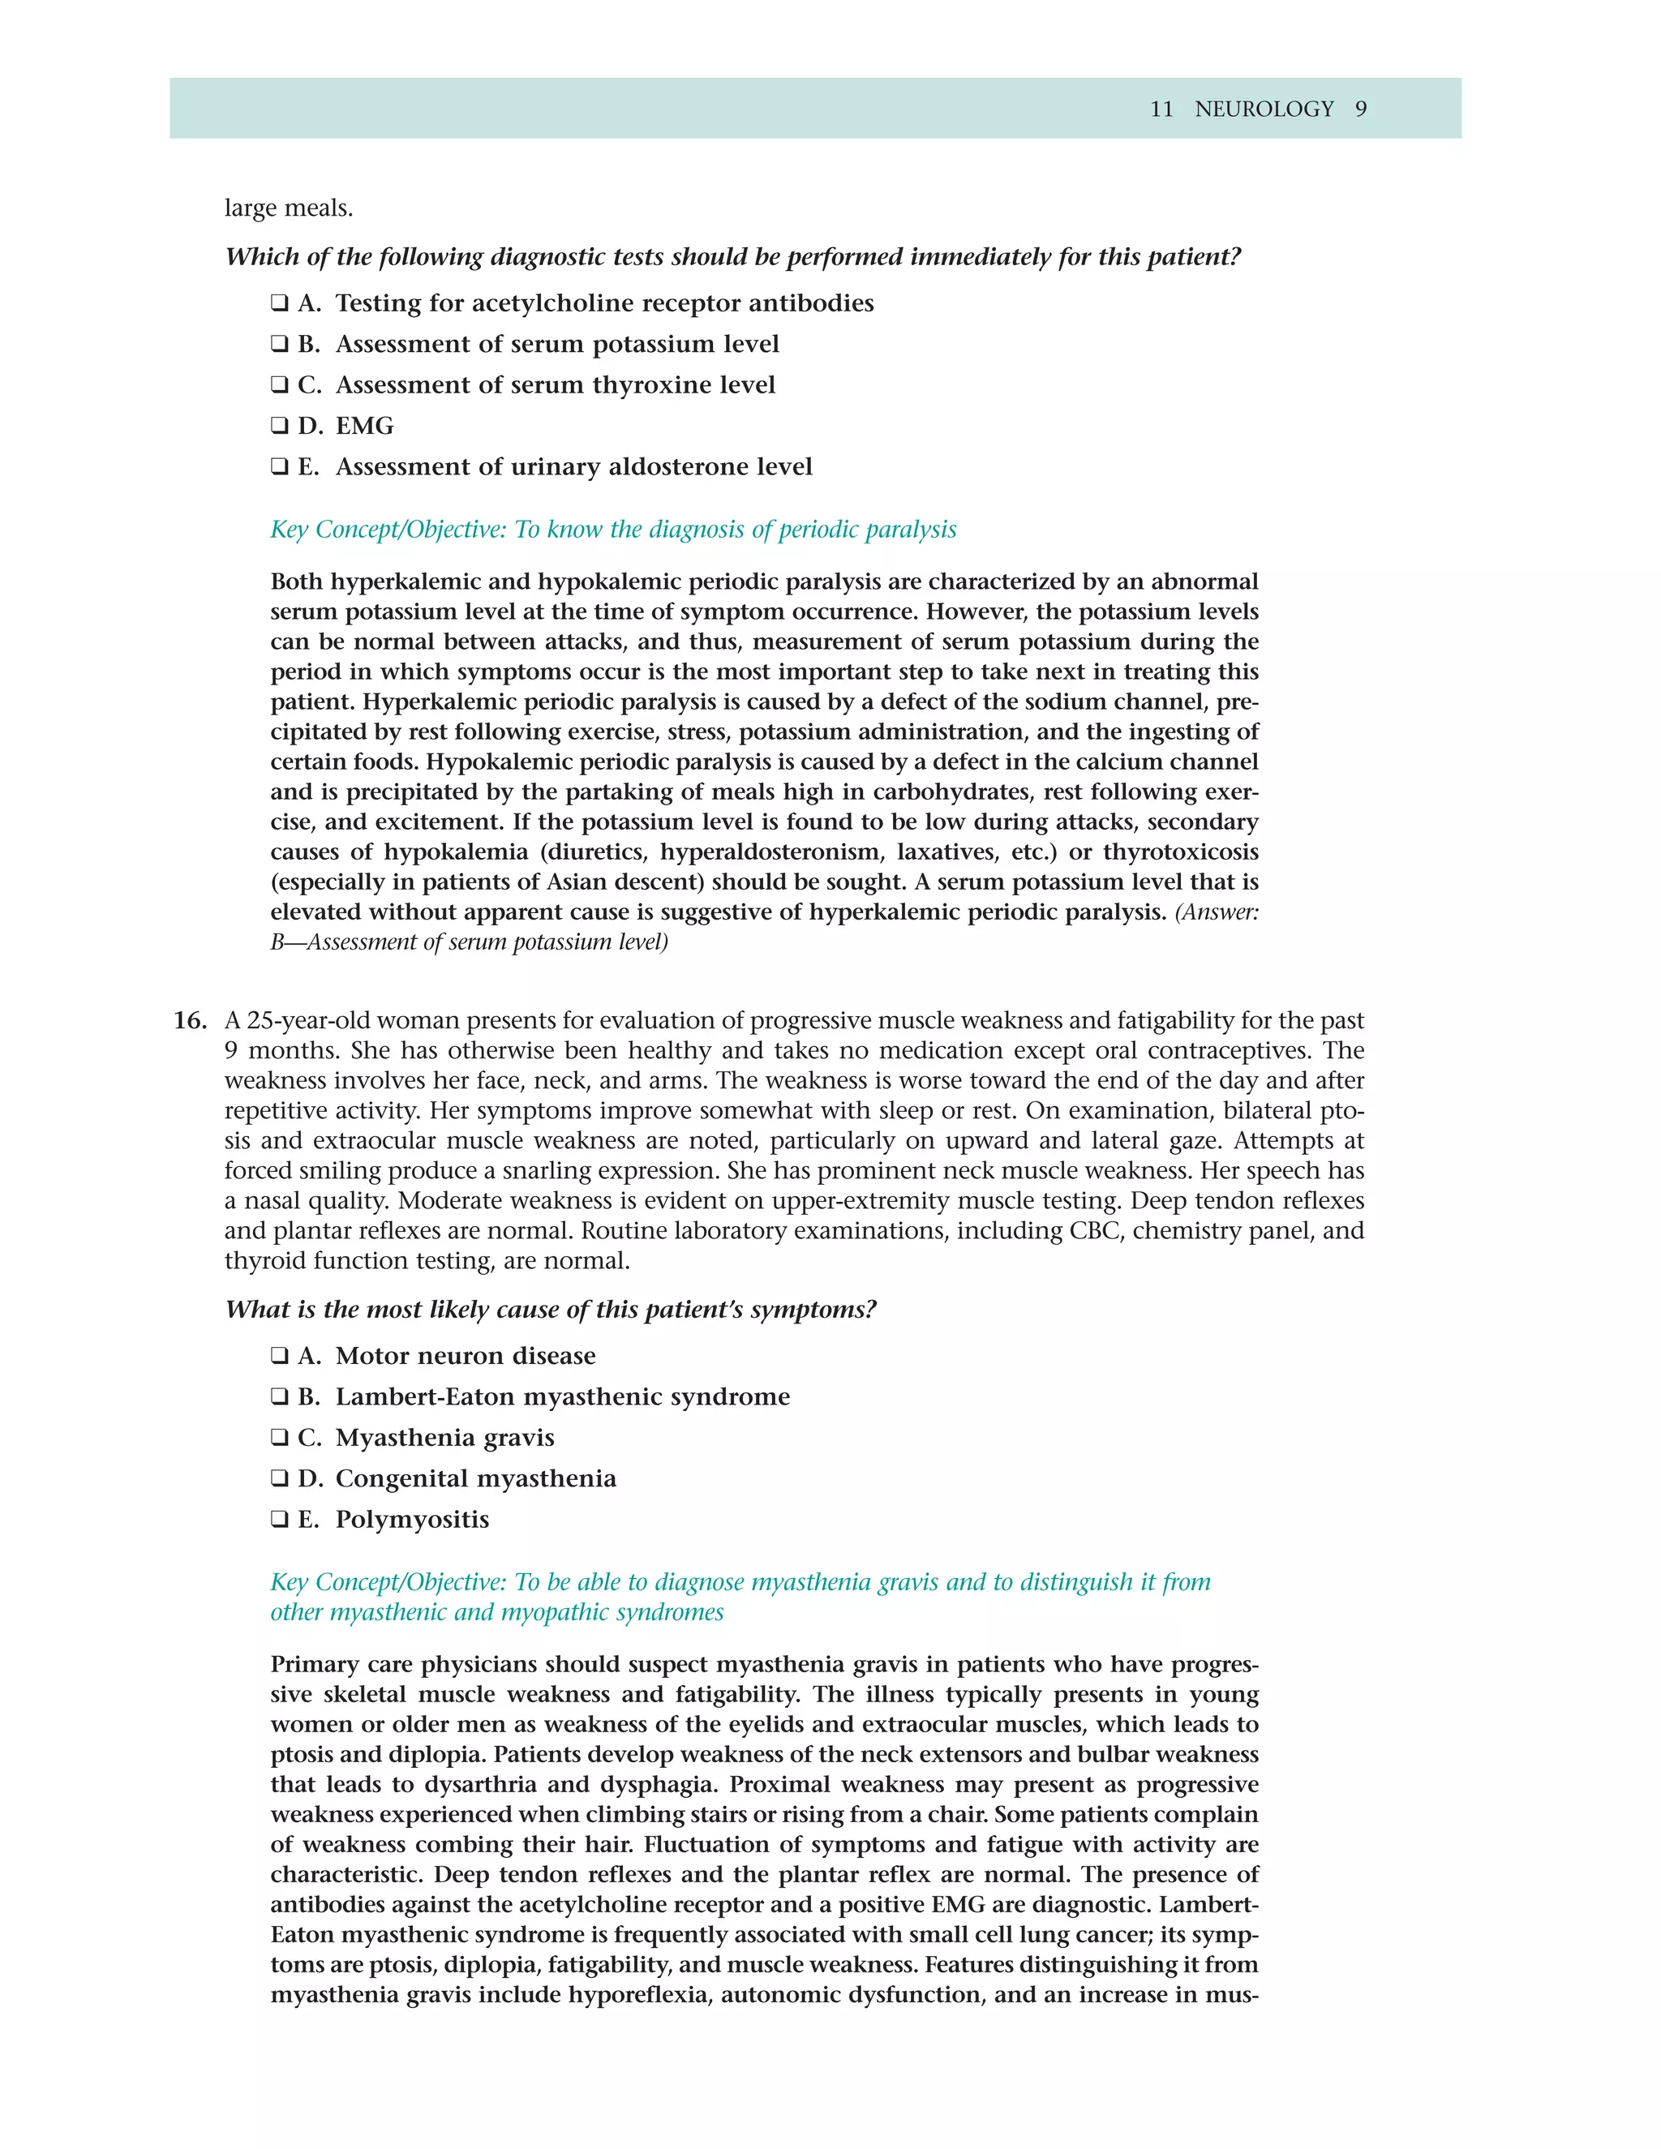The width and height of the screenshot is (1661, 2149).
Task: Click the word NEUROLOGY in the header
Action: (1264, 109)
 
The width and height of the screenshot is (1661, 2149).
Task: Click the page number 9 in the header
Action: (1361, 109)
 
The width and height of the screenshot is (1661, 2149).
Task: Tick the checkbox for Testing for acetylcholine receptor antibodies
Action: (280, 303)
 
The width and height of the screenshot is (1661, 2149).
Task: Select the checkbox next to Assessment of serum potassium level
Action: (280, 345)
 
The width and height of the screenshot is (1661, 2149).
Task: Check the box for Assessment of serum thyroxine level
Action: (280, 386)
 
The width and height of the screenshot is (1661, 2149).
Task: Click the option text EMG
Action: (364, 426)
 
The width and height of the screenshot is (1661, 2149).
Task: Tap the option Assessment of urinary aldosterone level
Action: (573, 467)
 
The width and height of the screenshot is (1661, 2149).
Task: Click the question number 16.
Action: (190, 1020)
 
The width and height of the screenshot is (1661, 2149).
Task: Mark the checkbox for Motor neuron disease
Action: (280, 1356)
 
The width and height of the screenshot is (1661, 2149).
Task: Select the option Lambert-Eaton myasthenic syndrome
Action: (562, 1397)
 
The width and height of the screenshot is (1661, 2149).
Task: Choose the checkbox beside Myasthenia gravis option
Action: (280, 1439)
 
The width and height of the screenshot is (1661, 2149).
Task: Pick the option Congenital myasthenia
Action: (475, 1479)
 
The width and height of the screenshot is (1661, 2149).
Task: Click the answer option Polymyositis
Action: (412, 1521)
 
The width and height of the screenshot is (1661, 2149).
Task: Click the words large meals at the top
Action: (288, 208)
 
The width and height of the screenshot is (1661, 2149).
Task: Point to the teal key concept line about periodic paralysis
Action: (613, 530)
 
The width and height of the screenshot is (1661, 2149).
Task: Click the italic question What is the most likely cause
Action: (550, 1310)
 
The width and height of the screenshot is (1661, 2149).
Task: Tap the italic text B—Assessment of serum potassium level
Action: (470, 942)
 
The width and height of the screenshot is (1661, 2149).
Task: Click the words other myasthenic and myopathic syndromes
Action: (497, 1613)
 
